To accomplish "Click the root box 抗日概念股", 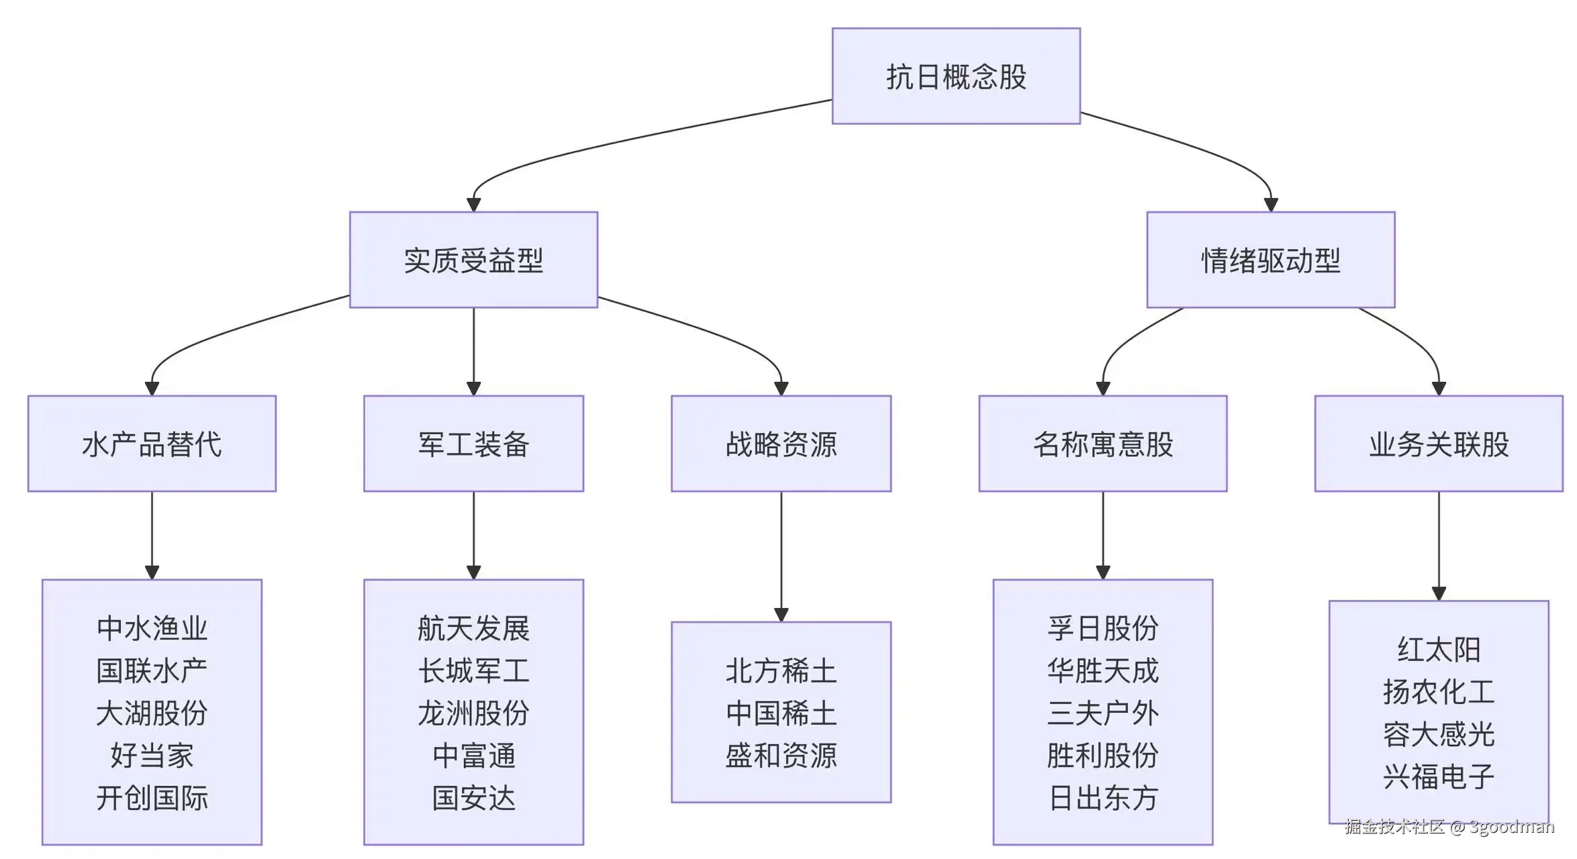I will click(955, 76).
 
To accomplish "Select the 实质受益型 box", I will click(473, 260).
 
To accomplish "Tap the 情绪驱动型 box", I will click(1270, 260).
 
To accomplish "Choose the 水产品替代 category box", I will click(152, 444).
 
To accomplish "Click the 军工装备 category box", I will click(473, 444).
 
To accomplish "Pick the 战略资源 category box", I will click(781, 444).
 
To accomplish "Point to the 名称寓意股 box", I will click(1102, 444).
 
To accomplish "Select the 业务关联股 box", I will click(1438, 444).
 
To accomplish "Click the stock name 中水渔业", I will click(152, 628).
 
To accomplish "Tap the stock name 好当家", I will click(152, 755).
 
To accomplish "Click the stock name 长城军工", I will click(473, 670).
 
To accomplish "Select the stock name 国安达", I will click(473, 797).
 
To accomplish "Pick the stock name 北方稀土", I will click(781, 670).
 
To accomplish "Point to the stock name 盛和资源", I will click(781, 755).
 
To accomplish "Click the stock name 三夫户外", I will click(1102, 713).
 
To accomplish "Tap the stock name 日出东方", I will click(1102, 797).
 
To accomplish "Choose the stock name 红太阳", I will click(1438, 650).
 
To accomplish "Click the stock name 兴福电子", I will click(1438, 776).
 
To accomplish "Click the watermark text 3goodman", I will click(1511, 827).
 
